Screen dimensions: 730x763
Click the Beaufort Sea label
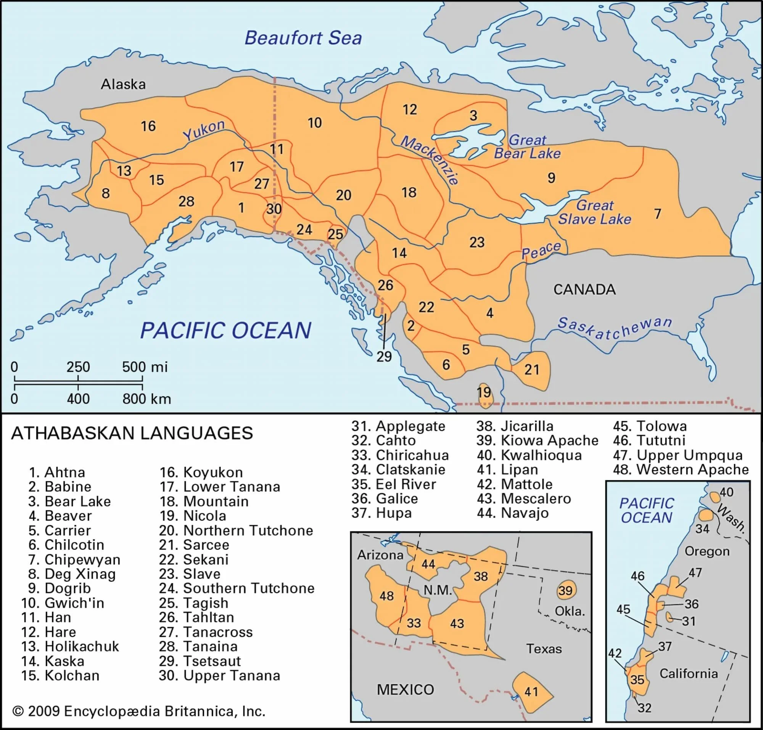pyautogui.click(x=303, y=38)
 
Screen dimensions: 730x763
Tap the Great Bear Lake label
pyautogui.click(x=527, y=147)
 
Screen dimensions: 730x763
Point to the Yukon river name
pyautogui.click(x=204, y=130)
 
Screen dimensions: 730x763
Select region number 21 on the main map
pyautogui.click(x=531, y=369)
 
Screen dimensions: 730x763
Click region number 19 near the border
pyautogui.click(x=484, y=392)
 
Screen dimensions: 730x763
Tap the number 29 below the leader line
pyautogui.click(x=384, y=357)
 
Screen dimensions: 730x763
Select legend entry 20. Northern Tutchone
pyautogui.click(x=236, y=531)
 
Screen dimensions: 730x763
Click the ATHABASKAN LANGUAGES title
pyautogui.click(x=132, y=433)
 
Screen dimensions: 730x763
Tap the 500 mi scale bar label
pyautogui.click(x=145, y=367)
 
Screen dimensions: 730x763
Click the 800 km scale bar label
pyautogui.click(x=146, y=399)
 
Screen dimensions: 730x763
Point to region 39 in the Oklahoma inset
pyautogui.click(x=565, y=591)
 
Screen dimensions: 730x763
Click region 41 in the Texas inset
pyautogui.click(x=531, y=691)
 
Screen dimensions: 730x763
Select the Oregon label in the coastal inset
pyautogui.click(x=707, y=551)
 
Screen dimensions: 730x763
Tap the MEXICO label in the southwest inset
pyautogui.click(x=405, y=690)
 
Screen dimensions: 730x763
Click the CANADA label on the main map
pyautogui.click(x=584, y=289)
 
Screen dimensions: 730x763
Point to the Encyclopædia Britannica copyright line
pyautogui.click(x=138, y=711)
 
